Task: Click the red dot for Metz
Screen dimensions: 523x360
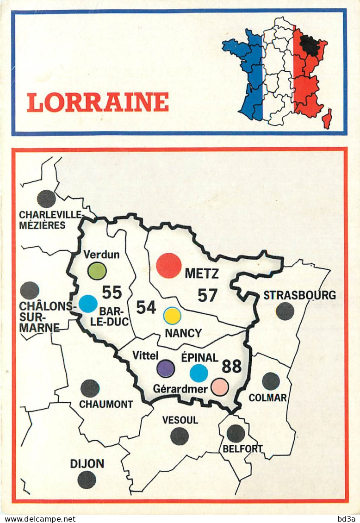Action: [169, 266]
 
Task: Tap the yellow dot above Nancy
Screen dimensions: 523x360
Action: [172, 316]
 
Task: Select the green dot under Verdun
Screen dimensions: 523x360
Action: [97, 271]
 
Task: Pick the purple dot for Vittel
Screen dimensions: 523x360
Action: [166, 368]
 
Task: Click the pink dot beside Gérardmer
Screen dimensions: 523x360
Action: [219, 387]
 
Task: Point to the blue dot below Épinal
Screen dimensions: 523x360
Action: [199, 373]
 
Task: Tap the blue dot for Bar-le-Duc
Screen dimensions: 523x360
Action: [88, 304]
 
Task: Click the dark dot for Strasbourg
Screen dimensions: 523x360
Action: [285, 311]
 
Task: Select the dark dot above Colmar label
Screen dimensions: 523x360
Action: [271, 381]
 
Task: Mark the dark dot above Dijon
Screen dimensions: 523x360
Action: [87, 480]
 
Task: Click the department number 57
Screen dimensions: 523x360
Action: [207, 295]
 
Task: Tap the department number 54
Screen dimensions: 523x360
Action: [146, 307]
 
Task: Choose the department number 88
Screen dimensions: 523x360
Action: [232, 366]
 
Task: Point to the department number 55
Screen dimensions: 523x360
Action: [112, 293]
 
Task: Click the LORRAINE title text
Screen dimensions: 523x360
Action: [98, 102]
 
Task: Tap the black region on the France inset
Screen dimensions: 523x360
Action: [309, 45]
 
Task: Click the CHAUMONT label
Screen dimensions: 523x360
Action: [106, 404]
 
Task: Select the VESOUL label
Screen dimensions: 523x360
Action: [180, 420]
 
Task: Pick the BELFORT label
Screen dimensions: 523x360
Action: [242, 448]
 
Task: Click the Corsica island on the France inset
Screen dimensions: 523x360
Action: [327, 119]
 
